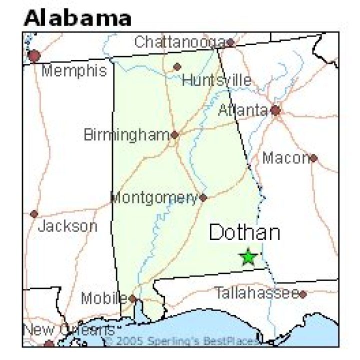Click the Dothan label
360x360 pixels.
[x=244, y=233]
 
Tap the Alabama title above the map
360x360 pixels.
[x=78, y=18]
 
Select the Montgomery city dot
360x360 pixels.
[x=203, y=197]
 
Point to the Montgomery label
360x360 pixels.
[x=154, y=198]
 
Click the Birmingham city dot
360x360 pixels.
[x=174, y=134]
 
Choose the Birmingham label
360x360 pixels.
[x=126, y=135]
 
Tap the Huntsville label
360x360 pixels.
[x=216, y=80]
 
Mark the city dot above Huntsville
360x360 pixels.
[x=177, y=66]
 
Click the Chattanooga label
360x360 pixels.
[x=179, y=42]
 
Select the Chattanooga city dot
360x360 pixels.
[x=230, y=42]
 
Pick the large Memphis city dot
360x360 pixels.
[x=34, y=55]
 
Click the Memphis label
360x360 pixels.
[x=74, y=70]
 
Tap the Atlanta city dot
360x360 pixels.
[x=275, y=110]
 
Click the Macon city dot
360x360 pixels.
[x=313, y=158]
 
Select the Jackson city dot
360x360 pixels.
[x=34, y=214]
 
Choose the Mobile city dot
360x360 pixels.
[x=132, y=298]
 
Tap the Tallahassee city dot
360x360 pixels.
[x=302, y=294]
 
